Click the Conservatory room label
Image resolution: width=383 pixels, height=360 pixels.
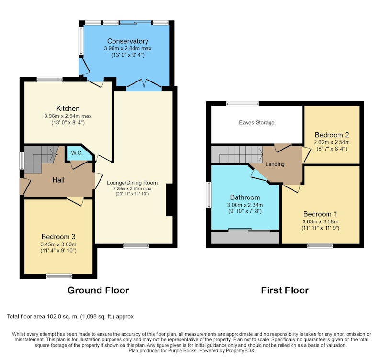point(127,41)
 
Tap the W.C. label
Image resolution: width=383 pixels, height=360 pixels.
point(77,153)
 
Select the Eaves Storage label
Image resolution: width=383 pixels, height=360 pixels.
point(257,123)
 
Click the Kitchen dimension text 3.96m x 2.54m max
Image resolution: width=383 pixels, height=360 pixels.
point(68,116)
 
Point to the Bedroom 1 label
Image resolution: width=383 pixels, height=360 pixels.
point(320,214)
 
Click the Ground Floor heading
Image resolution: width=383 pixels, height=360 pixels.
point(98,290)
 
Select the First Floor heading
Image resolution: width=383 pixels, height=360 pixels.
point(285,290)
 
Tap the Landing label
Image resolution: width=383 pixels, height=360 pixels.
point(275,164)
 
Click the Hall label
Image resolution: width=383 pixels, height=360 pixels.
point(58,180)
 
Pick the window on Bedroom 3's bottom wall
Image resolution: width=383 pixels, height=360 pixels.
point(59,276)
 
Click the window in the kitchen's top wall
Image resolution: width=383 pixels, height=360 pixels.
point(50,79)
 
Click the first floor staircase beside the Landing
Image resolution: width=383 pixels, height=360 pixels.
point(237,154)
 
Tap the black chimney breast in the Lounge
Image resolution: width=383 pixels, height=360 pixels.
point(169,200)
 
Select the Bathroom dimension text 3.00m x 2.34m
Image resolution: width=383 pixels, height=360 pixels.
point(245,205)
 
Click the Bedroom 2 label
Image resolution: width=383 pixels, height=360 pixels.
point(332,135)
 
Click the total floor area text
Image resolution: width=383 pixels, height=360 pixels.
point(70,317)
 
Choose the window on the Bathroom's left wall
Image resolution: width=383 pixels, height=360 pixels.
point(209,195)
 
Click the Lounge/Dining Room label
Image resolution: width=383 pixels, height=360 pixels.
point(132,183)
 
